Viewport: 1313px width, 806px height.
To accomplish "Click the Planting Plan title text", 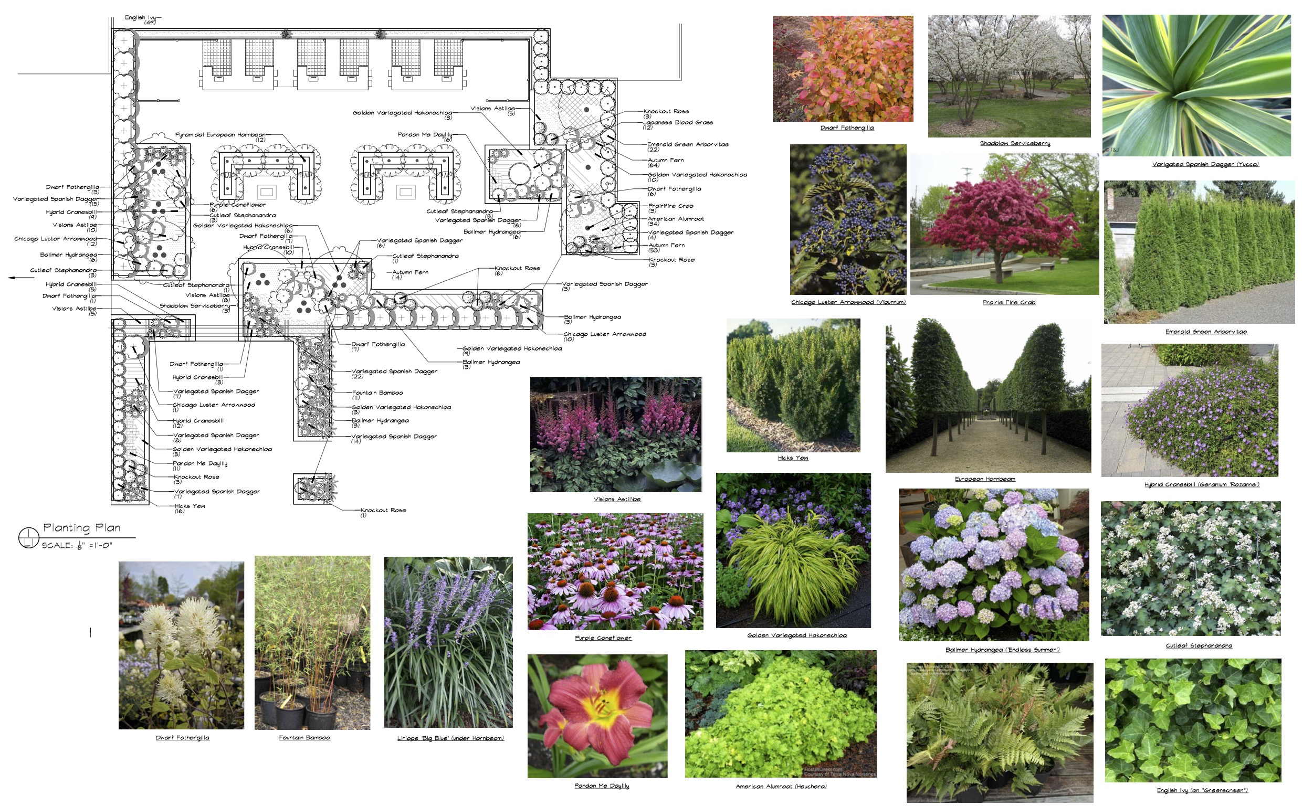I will click(81, 528).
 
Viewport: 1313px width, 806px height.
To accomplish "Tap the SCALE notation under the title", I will click(77, 545).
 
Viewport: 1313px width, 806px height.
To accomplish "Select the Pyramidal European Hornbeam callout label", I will click(220, 135).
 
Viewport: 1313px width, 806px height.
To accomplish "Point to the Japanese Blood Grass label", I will click(678, 123).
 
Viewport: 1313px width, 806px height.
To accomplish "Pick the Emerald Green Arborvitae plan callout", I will click(687, 144).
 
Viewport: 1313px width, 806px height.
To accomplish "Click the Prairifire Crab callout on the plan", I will click(670, 206).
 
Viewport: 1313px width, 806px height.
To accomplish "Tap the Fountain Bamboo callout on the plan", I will click(377, 393).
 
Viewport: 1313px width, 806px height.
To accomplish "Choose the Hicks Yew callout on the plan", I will click(190, 506).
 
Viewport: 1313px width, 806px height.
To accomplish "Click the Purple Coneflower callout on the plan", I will click(237, 205).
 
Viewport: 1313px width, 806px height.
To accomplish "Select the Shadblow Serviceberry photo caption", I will click(1015, 143).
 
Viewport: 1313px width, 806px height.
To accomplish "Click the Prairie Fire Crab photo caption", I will click(1009, 302).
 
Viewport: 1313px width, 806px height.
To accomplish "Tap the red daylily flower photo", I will click(597, 715).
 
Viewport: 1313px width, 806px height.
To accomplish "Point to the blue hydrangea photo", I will click(993, 565).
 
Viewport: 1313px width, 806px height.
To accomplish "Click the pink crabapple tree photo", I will click(1004, 224).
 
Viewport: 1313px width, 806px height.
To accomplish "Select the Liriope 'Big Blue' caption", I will click(450, 738).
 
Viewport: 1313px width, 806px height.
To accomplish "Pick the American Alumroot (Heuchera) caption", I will click(781, 786).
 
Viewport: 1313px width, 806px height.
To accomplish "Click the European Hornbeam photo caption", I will click(984, 479).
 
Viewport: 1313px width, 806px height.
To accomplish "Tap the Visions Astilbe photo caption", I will click(616, 500).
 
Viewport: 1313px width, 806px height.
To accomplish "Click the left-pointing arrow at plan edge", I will click(22, 278).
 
